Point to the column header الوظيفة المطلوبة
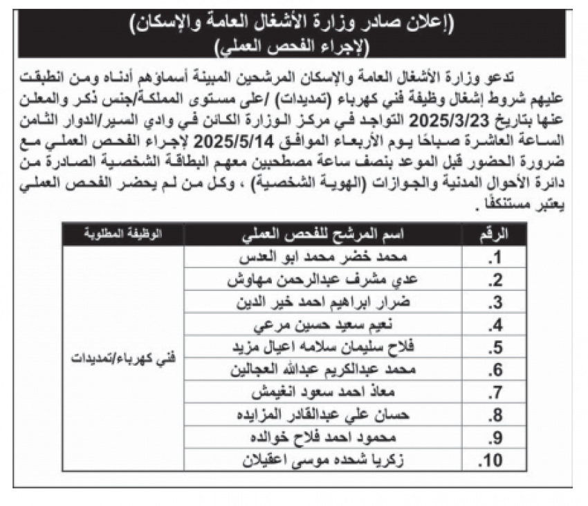coord(123,236)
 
